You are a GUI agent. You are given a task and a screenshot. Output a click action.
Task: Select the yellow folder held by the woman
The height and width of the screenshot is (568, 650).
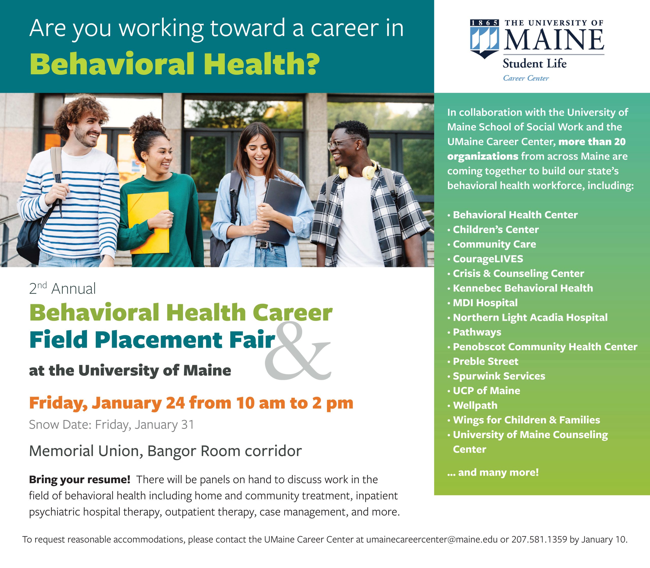point(148,223)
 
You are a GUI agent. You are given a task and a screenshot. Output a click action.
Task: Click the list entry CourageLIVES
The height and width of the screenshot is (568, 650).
point(488,259)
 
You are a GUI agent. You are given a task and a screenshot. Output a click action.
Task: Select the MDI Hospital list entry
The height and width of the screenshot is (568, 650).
point(485,303)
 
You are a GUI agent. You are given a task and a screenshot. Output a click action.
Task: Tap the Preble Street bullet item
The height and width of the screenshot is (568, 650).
point(485,361)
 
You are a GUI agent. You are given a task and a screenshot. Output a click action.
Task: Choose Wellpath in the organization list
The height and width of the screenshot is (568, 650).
point(475,405)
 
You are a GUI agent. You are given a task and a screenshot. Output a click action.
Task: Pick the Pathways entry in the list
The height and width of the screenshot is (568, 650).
point(477,332)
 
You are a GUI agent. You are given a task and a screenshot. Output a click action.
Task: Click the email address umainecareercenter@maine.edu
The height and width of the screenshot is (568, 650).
point(432,540)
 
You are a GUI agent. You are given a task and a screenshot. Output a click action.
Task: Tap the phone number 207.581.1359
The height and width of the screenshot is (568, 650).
point(539,540)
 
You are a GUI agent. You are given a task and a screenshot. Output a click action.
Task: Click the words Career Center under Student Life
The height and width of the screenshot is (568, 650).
point(526,78)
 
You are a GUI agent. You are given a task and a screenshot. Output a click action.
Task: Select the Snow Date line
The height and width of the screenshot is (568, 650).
point(111,424)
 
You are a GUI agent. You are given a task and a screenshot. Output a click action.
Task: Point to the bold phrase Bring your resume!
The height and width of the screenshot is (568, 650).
point(80,479)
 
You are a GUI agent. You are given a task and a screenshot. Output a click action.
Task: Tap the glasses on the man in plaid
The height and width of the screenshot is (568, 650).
point(343,143)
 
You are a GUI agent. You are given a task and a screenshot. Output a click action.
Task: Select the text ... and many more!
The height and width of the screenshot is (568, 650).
point(493,472)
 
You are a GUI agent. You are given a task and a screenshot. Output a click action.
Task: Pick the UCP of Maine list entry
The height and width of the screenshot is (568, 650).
point(486,390)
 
